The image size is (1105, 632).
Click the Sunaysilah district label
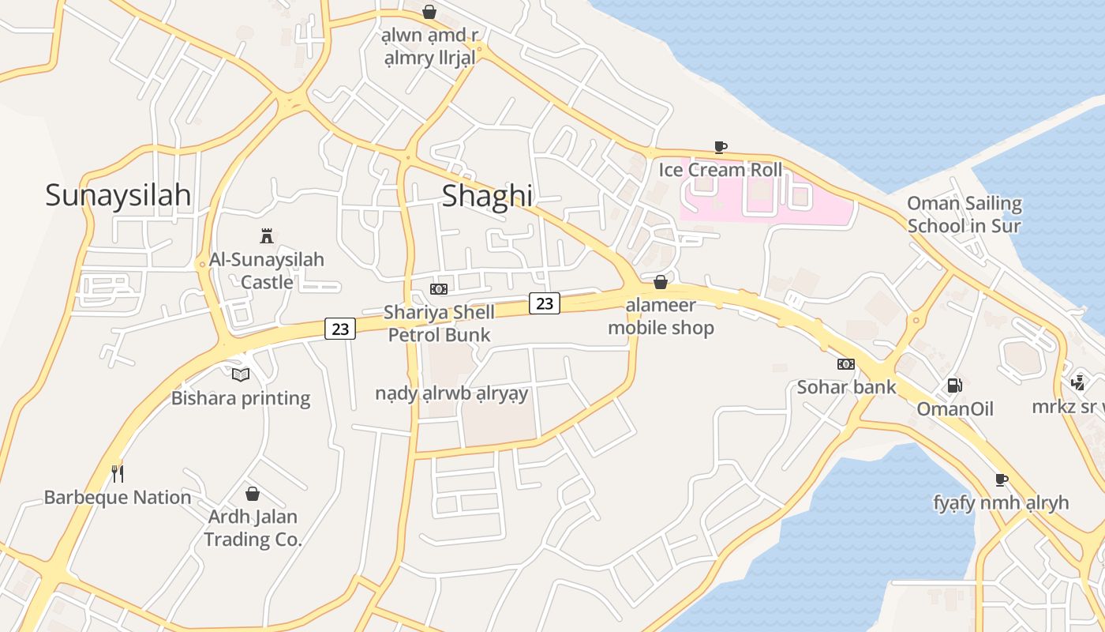118,194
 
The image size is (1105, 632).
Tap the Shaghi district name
486,195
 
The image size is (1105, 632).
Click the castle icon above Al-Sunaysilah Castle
267,235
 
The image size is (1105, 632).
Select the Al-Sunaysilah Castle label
267,270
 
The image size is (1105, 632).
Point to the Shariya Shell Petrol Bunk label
439,323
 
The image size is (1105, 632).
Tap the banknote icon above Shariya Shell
439,289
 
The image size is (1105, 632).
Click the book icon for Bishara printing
241,374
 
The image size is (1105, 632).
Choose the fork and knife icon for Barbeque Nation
118,474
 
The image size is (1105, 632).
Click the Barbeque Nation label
118,498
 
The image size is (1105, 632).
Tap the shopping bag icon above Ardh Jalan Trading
253,494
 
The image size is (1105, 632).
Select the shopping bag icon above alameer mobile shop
661,282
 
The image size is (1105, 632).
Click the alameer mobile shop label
661,316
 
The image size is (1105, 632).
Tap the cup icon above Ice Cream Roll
720,146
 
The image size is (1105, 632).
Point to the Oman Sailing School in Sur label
965,215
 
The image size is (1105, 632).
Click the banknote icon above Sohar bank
846,364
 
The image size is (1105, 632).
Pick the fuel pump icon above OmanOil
954,386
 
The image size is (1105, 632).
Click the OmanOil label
954,409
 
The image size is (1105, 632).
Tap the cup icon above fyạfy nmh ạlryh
1002,480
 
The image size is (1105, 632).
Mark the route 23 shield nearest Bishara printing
340,329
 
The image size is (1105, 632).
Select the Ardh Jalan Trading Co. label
253,528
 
